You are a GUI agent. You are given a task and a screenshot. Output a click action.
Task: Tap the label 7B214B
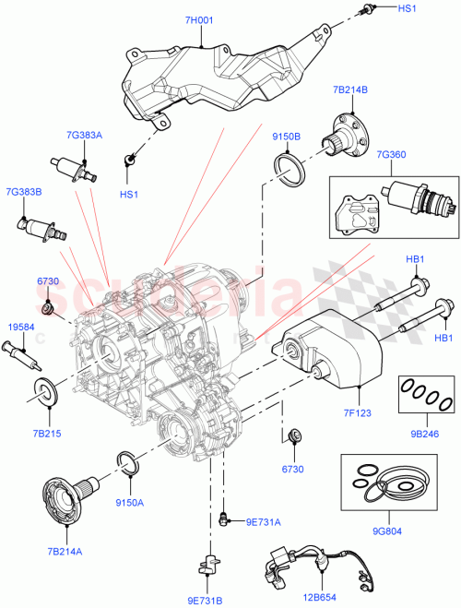point(350,89)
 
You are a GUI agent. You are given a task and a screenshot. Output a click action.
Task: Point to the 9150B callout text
point(286,137)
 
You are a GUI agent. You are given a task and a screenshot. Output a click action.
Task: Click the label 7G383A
point(84,135)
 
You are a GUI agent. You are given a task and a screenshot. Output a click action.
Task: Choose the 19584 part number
point(22,326)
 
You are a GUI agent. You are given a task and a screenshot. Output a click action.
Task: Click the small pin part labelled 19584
point(22,354)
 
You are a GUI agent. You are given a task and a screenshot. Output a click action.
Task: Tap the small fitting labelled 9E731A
point(224,520)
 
